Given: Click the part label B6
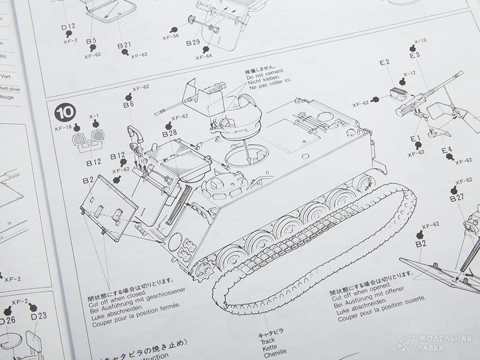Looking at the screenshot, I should click(x=128, y=104).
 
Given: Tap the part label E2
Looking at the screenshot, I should click(x=385, y=62).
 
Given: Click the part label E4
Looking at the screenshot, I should click(x=446, y=150).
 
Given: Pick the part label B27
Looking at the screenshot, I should click(x=457, y=199).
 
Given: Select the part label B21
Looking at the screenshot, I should click(x=124, y=45).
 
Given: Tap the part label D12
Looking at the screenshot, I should click(x=68, y=26).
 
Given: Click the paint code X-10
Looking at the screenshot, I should click(x=420, y=41).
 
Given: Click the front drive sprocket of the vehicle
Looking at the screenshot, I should click(x=203, y=271).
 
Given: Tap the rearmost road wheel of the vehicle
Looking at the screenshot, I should click(x=364, y=183).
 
